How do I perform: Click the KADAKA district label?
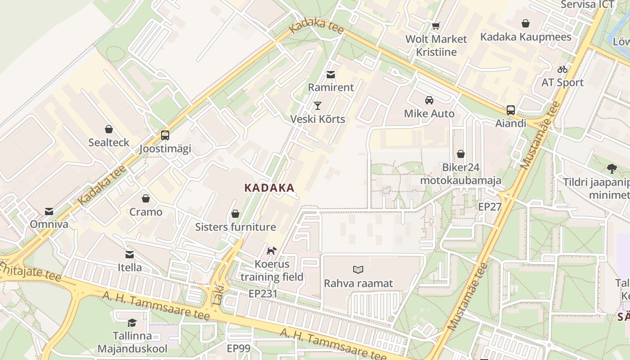(269, 188)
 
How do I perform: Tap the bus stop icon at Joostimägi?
(165, 135)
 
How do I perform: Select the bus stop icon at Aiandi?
(511, 110)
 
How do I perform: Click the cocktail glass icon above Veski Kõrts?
(318, 106)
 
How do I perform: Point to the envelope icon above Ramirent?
(331, 75)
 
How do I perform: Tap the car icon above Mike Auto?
(429, 100)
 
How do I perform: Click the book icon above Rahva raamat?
(358, 270)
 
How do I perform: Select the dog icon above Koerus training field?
(271, 251)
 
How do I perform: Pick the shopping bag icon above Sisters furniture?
(235, 214)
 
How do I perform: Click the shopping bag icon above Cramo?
(146, 198)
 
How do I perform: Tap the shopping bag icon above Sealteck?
(108, 130)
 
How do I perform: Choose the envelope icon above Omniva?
(49, 211)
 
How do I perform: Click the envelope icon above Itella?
(130, 255)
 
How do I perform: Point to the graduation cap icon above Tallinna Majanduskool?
(132, 323)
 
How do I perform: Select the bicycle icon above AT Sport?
(562, 69)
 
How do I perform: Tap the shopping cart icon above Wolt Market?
(435, 26)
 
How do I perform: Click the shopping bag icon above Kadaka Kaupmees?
(526, 23)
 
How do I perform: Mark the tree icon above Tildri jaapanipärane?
(612, 169)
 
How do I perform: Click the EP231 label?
(263, 294)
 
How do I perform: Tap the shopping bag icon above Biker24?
(461, 154)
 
